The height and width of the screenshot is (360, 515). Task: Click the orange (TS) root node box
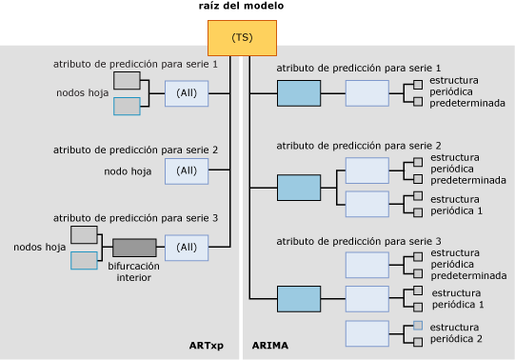(242, 37)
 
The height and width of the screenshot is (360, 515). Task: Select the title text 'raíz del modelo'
(241, 7)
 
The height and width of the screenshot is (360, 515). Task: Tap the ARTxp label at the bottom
(207, 345)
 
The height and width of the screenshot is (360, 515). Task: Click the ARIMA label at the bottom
(270, 345)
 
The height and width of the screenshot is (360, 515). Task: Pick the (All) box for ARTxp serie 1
(187, 93)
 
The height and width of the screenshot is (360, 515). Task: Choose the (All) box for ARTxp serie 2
(187, 170)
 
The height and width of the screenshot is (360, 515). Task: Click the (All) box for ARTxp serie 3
(187, 248)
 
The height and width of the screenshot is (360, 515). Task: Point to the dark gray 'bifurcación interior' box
(134, 248)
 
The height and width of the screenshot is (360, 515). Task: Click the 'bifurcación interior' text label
(134, 272)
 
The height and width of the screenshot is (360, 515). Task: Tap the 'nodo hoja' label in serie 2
(128, 171)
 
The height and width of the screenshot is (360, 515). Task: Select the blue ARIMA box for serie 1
(299, 93)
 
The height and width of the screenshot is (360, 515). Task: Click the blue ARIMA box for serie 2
(299, 187)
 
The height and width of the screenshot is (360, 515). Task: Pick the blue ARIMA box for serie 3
(299, 299)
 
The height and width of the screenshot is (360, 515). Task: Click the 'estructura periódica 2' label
(456, 333)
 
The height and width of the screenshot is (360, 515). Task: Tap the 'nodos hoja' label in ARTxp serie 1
(82, 93)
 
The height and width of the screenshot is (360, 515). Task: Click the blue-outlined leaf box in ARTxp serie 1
(127, 107)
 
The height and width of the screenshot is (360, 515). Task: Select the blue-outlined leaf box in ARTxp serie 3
(84, 260)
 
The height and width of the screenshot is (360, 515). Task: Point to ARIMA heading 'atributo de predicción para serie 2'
(358, 146)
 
